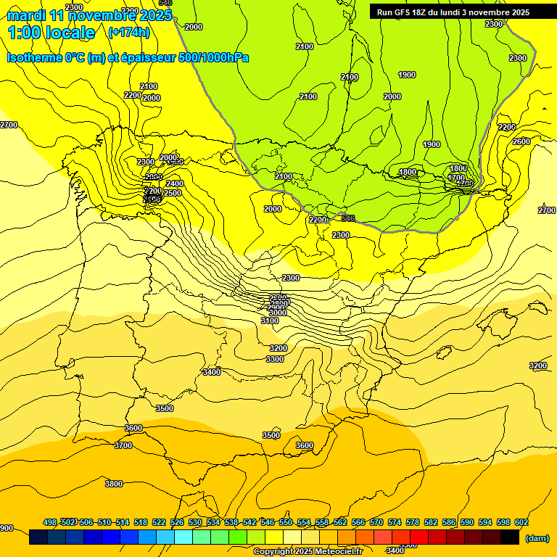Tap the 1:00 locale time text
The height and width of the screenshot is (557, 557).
51,33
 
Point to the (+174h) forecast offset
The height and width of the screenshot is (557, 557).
128,32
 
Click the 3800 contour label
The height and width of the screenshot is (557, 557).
114,484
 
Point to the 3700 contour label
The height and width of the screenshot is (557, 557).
123,445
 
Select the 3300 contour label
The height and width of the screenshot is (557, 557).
275,359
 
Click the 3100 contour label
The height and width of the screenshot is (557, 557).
270,321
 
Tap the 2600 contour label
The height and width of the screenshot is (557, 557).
521,141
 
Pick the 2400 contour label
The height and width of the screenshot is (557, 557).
175,184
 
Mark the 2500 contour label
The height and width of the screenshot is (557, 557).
173,194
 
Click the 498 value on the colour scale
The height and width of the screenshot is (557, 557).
50,522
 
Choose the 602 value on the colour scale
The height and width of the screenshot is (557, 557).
521,522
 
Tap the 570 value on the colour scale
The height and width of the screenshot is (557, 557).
376,522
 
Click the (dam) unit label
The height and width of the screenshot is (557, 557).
536,537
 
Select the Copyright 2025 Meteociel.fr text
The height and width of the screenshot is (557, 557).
308,552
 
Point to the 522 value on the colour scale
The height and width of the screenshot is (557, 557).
159,522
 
